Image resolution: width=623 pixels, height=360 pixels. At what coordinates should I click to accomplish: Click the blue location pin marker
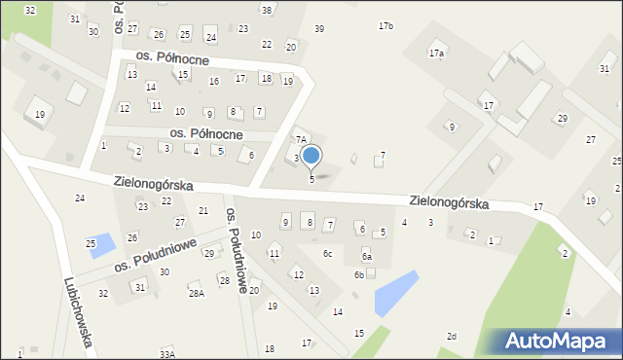tap(311, 156)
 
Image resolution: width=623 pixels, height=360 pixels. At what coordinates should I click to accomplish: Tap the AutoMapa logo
tap(560, 341)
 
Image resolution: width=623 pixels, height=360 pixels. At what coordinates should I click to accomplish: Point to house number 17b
tap(385, 25)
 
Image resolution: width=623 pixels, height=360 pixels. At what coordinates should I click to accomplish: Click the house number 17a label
tap(437, 54)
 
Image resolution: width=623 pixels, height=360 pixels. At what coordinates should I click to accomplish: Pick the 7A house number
tap(302, 140)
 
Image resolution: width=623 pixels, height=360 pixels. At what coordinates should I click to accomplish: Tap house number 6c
tap(328, 254)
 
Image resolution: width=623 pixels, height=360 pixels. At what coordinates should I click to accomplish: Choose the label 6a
tap(367, 256)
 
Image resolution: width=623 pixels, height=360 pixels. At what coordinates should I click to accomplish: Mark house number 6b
tap(358, 275)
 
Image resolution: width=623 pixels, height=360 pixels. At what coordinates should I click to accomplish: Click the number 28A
tap(197, 293)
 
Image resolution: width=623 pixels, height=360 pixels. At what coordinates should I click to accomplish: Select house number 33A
tap(167, 355)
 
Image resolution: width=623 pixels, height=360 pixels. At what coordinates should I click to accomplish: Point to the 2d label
tap(451, 337)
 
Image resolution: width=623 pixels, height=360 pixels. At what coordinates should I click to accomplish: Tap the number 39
tap(319, 29)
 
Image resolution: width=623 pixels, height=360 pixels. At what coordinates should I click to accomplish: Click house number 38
tap(266, 10)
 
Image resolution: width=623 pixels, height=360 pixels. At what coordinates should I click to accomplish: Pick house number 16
tap(214, 81)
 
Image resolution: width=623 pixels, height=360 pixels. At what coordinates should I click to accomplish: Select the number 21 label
tap(203, 211)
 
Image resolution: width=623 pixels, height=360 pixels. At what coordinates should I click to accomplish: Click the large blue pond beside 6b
tap(395, 292)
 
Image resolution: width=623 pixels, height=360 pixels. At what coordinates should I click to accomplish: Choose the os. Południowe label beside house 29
tap(155, 256)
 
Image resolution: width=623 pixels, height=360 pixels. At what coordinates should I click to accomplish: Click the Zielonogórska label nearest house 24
tap(153, 183)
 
